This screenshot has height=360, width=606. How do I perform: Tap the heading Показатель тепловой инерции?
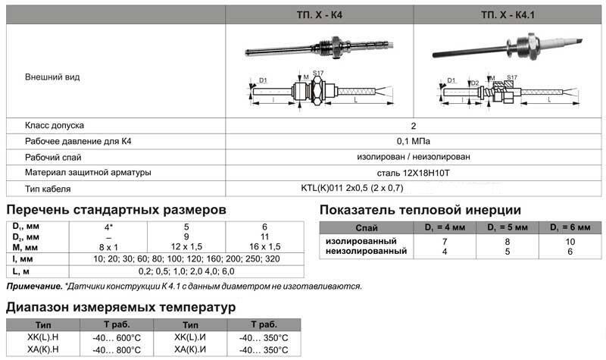[420, 210]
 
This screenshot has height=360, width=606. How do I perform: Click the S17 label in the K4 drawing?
[318, 73]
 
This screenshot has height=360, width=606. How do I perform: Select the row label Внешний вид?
[52, 77]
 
